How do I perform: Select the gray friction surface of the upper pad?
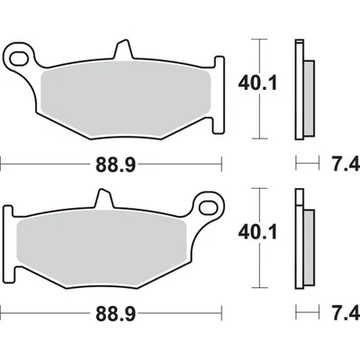tap(126, 99)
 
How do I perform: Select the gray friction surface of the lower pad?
tap(103, 245)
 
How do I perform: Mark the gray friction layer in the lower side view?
tap(307, 244)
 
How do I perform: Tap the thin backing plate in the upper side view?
tap(298, 90)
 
